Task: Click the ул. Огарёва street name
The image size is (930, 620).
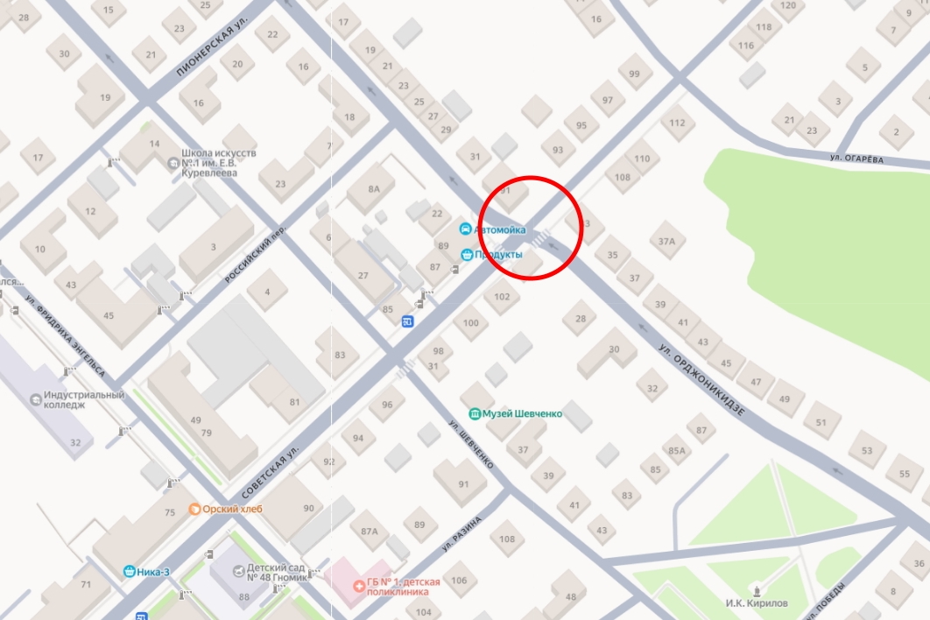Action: pyautogui.click(x=857, y=159)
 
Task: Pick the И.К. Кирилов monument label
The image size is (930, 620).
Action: pyautogui.click(x=757, y=603)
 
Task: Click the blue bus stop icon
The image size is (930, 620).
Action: pyautogui.click(x=408, y=321)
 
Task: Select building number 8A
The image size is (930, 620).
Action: pyautogui.click(x=374, y=189)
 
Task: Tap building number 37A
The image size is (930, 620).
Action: pyautogui.click(x=667, y=241)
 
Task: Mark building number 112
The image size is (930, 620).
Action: pyautogui.click(x=676, y=123)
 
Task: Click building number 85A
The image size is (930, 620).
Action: pyautogui.click(x=676, y=450)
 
